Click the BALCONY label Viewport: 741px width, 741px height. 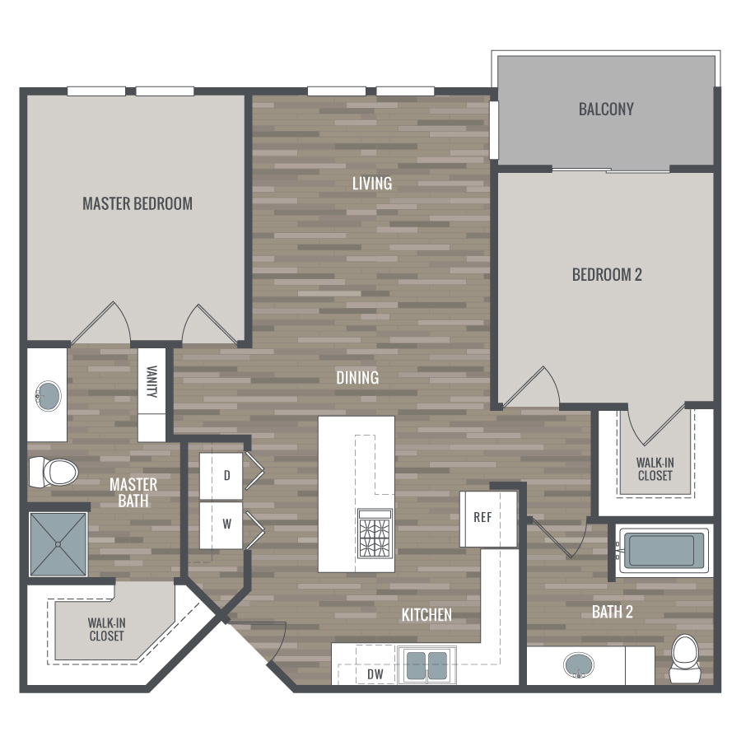pyautogui.click(x=606, y=110)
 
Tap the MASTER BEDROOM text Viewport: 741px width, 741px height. pyautogui.click(x=137, y=203)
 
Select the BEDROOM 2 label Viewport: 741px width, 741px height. pyautogui.click(x=607, y=274)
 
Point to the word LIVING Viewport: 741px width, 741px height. pyautogui.click(x=372, y=184)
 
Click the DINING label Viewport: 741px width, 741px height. pyautogui.click(x=357, y=378)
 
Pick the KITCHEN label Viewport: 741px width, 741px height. pyautogui.click(x=426, y=615)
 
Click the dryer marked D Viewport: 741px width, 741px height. pyautogui.click(x=221, y=477)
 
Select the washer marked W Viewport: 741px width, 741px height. pyautogui.click(x=221, y=525)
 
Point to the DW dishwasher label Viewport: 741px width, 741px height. pyautogui.click(x=375, y=674)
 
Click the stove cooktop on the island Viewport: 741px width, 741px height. pyautogui.click(x=375, y=534)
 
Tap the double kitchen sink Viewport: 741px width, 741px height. pyautogui.click(x=427, y=665)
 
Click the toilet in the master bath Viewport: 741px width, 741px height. pyautogui.click(x=54, y=472)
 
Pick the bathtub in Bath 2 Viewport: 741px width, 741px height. pyautogui.click(x=662, y=551)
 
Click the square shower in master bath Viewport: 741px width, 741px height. pyautogui.click(x=58, y=544)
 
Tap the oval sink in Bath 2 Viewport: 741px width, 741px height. pyautogui.click(x=579, y=665)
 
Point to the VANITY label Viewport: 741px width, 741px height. pyautogui.click(x=151, y=381)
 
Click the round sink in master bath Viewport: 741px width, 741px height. pyautogui.click(x=49, y=395)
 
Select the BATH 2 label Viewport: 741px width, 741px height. pyautogui.click(x=613, y=612)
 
